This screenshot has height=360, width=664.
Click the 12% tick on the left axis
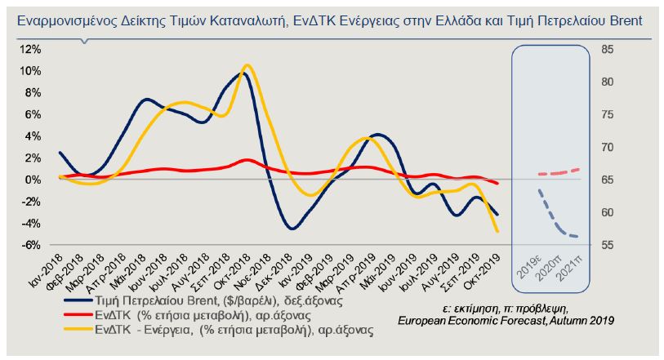(30, 49)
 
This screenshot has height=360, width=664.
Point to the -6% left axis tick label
(30, 245)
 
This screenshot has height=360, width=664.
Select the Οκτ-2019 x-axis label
(482, 269)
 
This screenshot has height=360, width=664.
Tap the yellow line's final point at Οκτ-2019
(496, 232)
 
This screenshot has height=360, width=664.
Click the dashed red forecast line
(559, 172)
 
